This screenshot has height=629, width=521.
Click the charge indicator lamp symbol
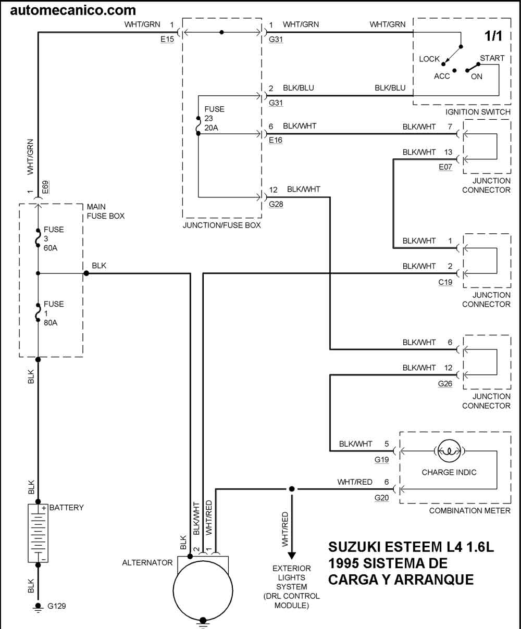click(x=449, y=451)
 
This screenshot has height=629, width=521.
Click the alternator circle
click(x=203, y=591)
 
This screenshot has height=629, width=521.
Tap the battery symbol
click(x=38, y=533)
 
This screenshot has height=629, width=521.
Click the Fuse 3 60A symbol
click(x=38, y=238)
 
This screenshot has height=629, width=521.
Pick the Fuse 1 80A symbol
click(x=38, y=313)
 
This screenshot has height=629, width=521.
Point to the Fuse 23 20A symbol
click(x=198, y=125)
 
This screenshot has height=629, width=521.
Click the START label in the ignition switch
click(x=492, y=58)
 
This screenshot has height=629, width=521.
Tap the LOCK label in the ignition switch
click(x=429, y=59)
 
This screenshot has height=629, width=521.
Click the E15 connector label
click(x=167, y=39)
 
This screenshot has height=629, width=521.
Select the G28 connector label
click(x=276, y=204)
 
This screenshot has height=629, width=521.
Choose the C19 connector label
click(x=445, y=282)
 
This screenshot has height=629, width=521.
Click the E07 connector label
click(x=445, y=167)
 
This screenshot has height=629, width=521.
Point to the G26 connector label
click(x=445, y=384)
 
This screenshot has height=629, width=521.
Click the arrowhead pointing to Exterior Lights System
click(x=292, y=556)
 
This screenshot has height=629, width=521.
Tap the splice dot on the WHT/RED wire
click(x=292, y=489)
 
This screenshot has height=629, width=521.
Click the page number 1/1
click(x=493, y=36)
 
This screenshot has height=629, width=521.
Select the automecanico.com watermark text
click(x=73, y=10)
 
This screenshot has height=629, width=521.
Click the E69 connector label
click(x=45, y=187)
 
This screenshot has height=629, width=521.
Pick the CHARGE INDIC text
click(x=449, y=472)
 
